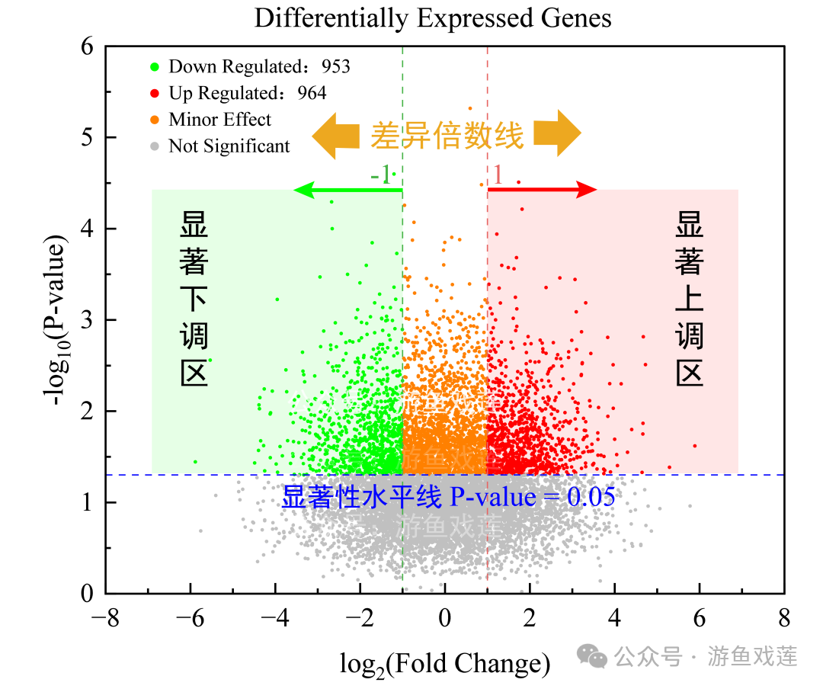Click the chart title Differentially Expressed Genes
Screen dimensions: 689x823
(433, 18)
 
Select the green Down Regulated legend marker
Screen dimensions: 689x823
(155, 67)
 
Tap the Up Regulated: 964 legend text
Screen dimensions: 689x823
(248, 93)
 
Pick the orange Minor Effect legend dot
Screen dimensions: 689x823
(155, 120)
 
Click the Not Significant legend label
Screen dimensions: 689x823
(229, 146)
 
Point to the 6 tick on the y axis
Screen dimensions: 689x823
(88, 46)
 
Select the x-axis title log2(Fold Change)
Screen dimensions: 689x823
(445, 664)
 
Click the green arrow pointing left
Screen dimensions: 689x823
(347, 190)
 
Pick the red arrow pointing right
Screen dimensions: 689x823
(543, 190)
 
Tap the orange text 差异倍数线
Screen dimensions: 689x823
(447, 136)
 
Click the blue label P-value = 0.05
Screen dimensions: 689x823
(532, 497)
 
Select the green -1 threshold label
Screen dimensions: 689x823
(381, 175)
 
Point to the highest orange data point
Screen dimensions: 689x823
(470, 108)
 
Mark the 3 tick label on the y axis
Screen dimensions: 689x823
(88, 319)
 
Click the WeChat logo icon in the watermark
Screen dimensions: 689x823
(591, 655)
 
